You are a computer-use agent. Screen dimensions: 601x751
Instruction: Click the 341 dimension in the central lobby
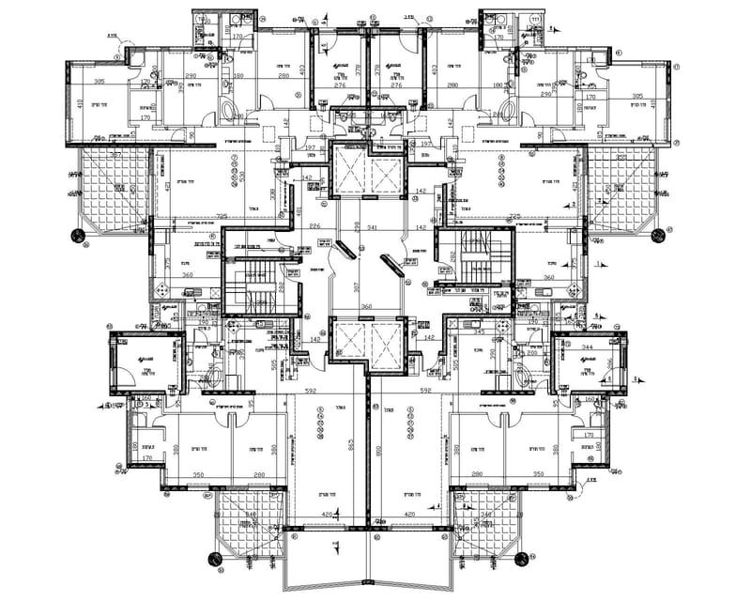(x=374, y=227)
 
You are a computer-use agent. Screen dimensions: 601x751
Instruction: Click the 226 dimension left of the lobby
(x=315, y=227)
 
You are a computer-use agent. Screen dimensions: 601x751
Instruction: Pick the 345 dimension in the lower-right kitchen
(x=479, y=333)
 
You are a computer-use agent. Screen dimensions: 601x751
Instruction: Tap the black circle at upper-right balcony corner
(x=657, y=233)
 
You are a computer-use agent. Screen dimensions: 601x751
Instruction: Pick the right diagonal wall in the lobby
(x=391, y=264)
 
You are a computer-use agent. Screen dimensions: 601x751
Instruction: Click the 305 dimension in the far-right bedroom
(x=637, y=96)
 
